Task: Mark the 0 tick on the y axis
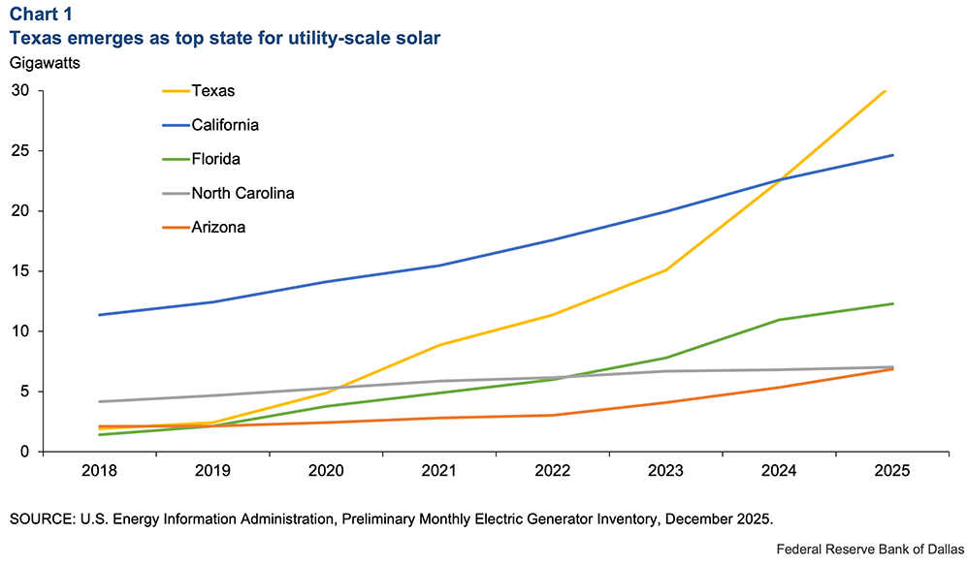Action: [x=25, y=452]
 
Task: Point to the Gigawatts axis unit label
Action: [x=47, y=63]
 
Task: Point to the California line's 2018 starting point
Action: [x=100, y=315]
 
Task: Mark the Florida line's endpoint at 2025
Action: [x=892, y=304]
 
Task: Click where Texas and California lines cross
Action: [x=780, y=179]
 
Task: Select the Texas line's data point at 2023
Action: [x=666, y=270]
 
